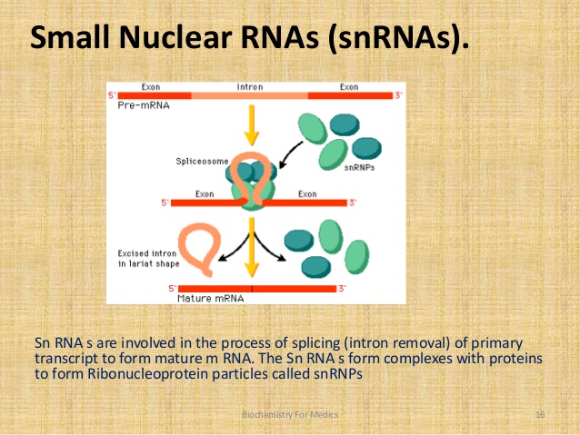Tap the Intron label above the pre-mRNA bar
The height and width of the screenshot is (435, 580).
tap(250, 87)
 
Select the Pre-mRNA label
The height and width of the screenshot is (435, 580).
tap(144, 105)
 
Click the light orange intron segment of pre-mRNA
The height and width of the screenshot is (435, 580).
tap(250, 95)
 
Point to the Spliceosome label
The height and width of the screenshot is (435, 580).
tap(202, 162)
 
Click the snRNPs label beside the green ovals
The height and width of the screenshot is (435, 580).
tap(359, 168)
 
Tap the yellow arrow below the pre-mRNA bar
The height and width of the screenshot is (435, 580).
tap(252, 125)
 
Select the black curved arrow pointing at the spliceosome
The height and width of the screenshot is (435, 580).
tap(290, 154)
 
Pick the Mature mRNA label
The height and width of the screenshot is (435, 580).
tap(211, 298)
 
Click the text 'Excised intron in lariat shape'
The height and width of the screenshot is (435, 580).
tap(148, 258)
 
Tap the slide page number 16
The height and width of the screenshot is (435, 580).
tap(540, 415)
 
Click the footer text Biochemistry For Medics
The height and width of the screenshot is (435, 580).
tap(290, 415)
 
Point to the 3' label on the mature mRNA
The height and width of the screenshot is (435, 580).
tap(342, 288)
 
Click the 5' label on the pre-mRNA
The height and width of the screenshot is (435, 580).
tap(112, 95)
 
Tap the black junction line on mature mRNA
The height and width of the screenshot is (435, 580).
tap(252, 289)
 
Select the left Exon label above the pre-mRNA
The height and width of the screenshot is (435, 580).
tap(151, 87)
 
